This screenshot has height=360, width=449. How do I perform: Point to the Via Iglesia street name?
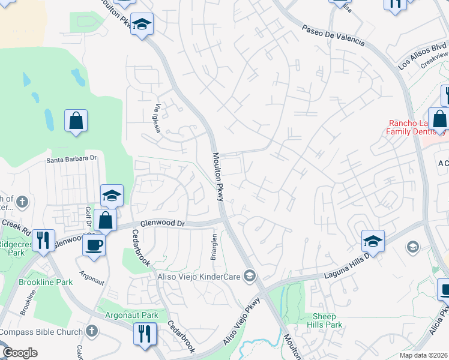point(158,119)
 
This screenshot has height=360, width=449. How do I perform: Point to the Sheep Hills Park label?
point(327,320)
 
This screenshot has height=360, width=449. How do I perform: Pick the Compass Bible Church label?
point(41,331)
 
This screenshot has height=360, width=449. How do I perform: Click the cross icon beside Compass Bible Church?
point(91,331)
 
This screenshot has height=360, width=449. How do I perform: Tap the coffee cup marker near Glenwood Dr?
point(94,245)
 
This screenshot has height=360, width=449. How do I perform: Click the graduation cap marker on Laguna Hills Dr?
point(373,241)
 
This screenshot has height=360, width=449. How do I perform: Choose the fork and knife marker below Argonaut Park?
point(145,334)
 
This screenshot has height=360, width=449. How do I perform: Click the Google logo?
point(19,353)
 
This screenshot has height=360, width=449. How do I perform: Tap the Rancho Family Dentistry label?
point(409,127)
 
